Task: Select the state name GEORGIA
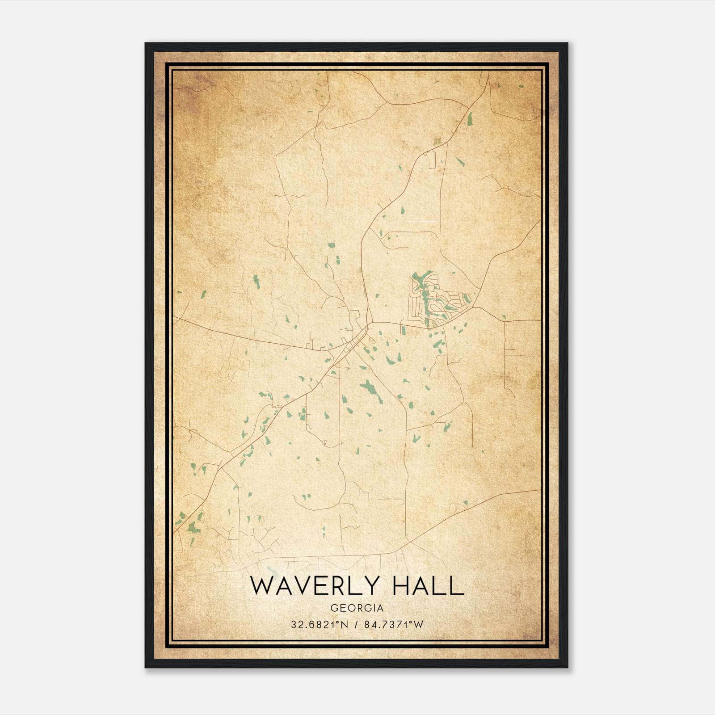[357, 608]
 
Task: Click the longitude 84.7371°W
[393, 625]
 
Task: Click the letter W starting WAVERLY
[262, 585]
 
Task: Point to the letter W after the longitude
[419, 625]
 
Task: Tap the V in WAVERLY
[304, 585]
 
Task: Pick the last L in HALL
[457, 585]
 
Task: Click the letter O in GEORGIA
[351, 608]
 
